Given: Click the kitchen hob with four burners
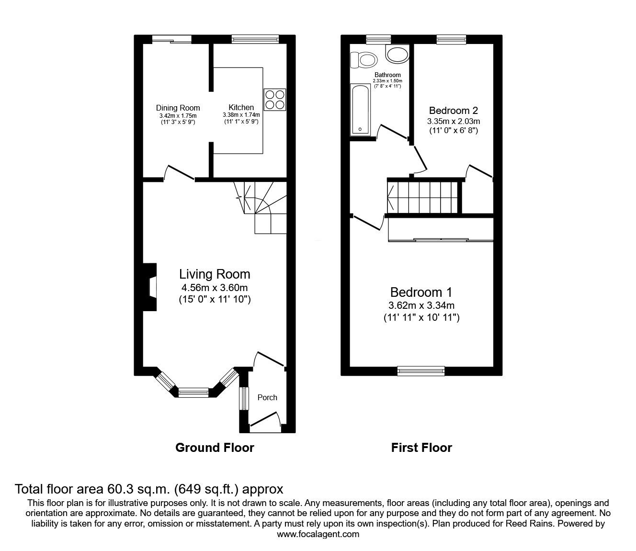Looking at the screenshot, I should pyautogui.click(x=274, y=100).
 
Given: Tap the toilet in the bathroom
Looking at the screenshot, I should pyautogui.click(x=363, y=60).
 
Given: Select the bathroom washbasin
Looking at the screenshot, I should pyautogui.click(x=397, y=55).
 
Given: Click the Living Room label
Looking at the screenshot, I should pyautogui.click(x=215, y=274).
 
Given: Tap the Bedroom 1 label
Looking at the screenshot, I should pyautogui.click(x=421, y=292).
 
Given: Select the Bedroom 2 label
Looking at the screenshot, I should pyautogui.click(x=453, y=110).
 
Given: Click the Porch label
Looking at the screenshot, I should pyautogui.click(x=267, y=397).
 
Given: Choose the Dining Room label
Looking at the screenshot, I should pyautogui.click(x=178, y=108).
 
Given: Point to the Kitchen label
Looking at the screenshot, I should pyautogui.click(x=241, y=107).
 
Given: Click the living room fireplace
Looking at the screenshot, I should pyautogui.click(x=150, y=288).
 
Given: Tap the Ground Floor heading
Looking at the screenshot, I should pyautogui.click(x=215, y=448).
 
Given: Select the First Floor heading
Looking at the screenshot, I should pyautogui.click(x=421, y=448).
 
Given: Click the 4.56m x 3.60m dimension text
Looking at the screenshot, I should pyautogui.click(x=215, y=288).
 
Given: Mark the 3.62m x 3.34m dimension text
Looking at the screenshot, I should pyautogui.click(x=421, y=305).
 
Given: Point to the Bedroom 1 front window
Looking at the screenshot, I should pyautogui.click(x=421, y=370).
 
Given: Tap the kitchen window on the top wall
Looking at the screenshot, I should pyautogui.click(x=255, y=39).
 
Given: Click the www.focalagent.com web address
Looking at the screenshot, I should pyautogui.click(x=318, y=534).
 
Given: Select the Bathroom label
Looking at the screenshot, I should pyautogui.click(x=387, y=75).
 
